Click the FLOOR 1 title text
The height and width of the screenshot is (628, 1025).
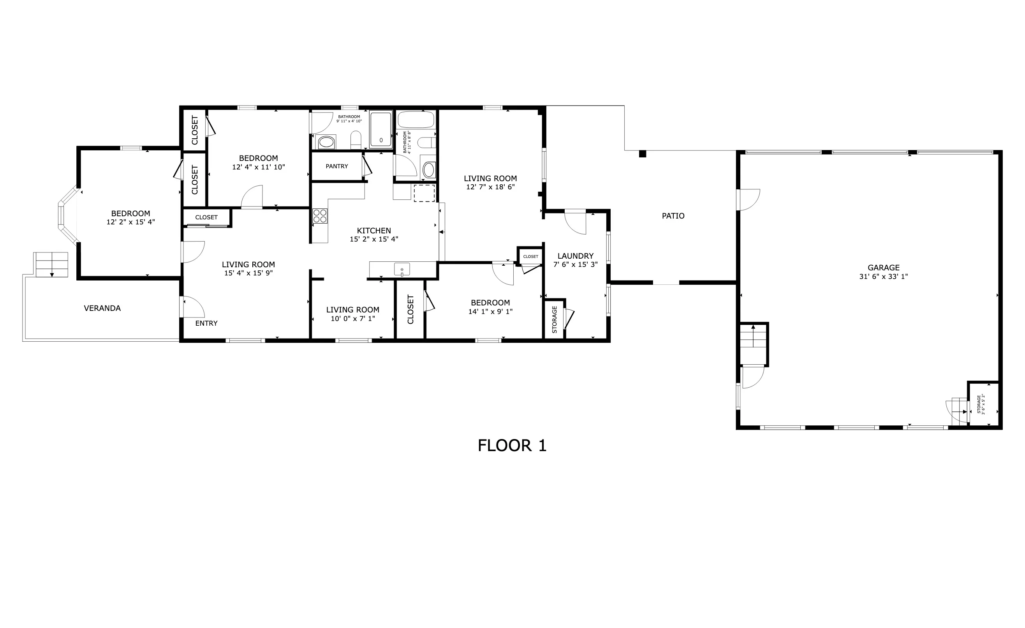tap(512, 446)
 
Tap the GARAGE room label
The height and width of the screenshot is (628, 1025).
tap(883, 268)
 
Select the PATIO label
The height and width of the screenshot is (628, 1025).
tap(673, 215)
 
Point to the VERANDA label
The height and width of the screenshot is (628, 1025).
tap(102, 308)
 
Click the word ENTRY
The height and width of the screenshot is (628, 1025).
tap(206, 323)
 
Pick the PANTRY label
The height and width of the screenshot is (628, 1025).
tap(336, 166)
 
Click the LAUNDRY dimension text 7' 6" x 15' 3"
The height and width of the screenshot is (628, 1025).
tap(575, 264)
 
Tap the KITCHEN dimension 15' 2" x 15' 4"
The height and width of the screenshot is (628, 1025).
tap(373, 239)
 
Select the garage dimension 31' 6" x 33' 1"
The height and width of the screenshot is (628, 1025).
tap(883, 276)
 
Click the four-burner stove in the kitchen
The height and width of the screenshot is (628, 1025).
tap(320, 216)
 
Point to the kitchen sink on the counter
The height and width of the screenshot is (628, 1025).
tap(402, 269)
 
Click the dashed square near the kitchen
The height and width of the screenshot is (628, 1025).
tap(424, 194)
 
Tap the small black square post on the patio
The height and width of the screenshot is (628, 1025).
tap(642, 153)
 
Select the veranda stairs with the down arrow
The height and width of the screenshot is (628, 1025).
tap(51, 265)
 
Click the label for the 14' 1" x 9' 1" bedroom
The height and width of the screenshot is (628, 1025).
tap(490, 303)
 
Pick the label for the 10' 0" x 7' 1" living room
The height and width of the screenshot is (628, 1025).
tap(352, 310)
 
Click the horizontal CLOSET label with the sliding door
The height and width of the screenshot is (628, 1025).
tap(206, 217)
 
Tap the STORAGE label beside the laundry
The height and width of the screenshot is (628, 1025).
tap(554, 319)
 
